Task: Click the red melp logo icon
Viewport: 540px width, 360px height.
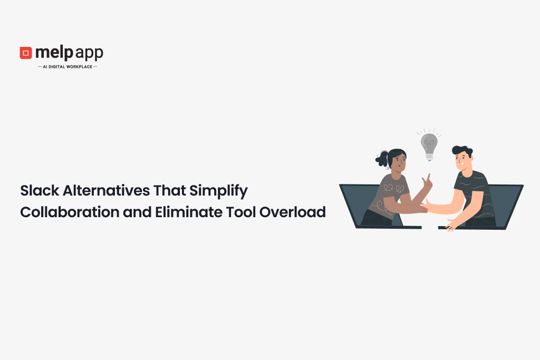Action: tap(26, 53)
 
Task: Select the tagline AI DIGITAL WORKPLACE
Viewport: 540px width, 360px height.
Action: tap(67, 67)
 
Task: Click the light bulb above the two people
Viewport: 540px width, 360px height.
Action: tap(429, 145)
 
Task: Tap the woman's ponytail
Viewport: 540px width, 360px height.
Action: tap(381, 159)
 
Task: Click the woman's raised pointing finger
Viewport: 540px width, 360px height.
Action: tap(429, 178)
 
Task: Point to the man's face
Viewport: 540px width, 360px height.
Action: tap(462, 159)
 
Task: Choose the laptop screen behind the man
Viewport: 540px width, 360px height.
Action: tap(507, 203)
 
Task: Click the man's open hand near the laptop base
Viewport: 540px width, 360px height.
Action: tap(451, 225)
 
